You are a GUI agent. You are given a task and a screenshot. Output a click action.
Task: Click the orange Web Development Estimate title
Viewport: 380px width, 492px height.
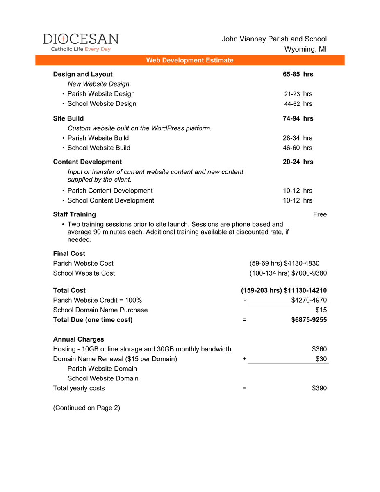click(190, 60)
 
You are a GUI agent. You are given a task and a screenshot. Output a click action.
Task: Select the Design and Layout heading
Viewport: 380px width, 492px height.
click(83, 74)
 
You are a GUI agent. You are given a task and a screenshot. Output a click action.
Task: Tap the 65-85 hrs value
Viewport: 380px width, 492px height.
click(298, 74)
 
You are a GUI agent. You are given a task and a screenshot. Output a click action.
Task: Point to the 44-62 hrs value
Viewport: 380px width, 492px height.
click(298, 104)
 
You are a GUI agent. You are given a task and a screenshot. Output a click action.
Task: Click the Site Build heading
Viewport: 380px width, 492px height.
click(68, 118)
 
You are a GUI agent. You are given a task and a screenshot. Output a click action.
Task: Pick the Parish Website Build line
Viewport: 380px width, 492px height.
click(98, 138)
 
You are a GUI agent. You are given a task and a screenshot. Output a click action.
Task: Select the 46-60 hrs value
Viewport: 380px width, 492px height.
click(297, 148)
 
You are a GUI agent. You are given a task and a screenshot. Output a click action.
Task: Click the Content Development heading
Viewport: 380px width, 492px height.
click(87, 162)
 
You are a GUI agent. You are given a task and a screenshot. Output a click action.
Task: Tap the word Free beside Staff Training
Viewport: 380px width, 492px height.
click(320, 214)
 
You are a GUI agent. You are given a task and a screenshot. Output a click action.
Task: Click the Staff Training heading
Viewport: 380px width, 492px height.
click(75, 214)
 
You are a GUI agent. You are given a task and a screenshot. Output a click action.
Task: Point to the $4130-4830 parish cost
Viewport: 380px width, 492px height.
click(302, 263)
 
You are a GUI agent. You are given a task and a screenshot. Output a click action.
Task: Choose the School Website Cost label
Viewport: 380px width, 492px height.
click(84, 273)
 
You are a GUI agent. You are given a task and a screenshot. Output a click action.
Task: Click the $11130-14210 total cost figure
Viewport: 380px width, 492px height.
click(305, 291)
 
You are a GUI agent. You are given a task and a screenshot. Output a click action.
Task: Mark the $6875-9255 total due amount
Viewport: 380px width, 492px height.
click(306, 320)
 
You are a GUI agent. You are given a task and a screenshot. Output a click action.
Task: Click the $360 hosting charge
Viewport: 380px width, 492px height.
click(319, 349)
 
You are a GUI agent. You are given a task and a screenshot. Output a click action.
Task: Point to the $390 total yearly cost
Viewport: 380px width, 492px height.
click(319, 388)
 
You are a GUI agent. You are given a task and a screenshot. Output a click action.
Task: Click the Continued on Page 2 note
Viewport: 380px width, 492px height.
click(86, 408)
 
